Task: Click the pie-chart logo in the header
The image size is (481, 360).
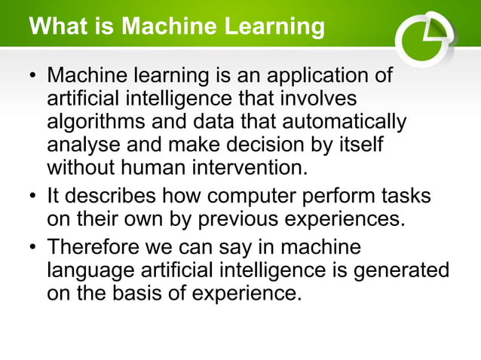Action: (424, 38)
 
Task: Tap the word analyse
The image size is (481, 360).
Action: (81, 144)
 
